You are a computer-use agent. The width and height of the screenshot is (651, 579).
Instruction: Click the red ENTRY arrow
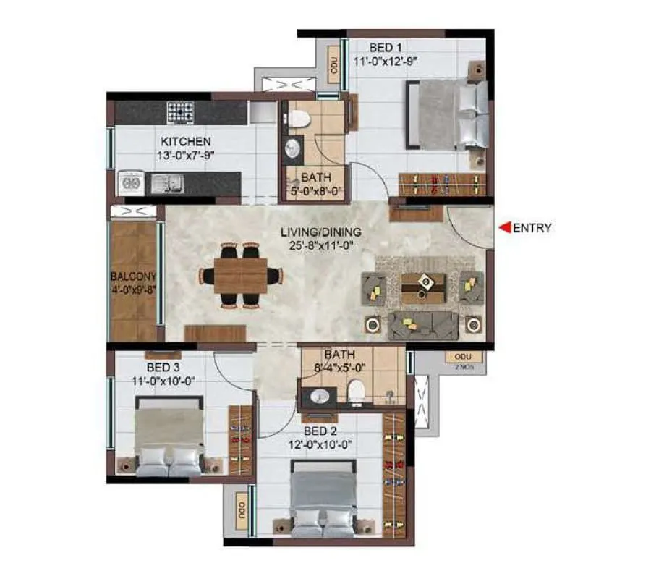click(506, 228)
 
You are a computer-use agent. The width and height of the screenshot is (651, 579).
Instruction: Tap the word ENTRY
click(532, 228)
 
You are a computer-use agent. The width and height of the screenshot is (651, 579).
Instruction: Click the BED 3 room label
click(162, 367)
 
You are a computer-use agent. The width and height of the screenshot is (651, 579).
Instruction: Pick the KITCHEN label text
click(186, 141)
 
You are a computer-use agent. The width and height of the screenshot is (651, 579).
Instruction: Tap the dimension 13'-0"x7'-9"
click(186, 154)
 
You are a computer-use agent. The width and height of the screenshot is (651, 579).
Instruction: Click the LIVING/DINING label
click(321, 232)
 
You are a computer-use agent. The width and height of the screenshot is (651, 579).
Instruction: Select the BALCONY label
click(133, 276)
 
